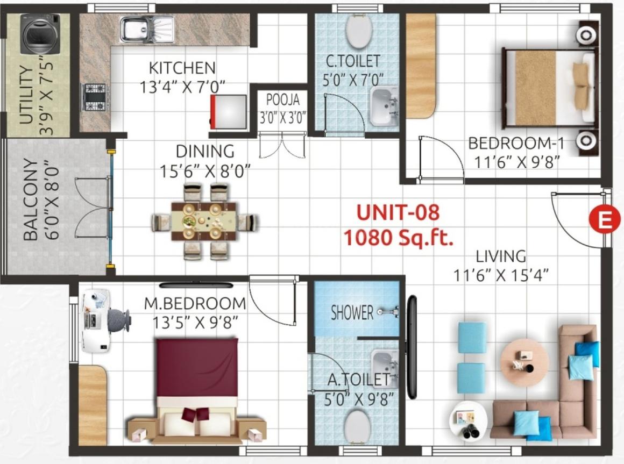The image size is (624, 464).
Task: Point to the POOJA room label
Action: coord(282,100)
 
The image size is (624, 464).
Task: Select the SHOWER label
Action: coord(352,312)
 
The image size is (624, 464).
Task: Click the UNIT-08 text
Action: coord(398,212)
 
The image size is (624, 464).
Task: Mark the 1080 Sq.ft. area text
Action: coord(398,237)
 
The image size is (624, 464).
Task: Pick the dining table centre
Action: coord(204,221)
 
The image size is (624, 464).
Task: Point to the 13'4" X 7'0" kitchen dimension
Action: coord(182,87)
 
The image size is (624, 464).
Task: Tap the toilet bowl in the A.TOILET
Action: coord(358,427)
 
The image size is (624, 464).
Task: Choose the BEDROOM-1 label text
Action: coord(515,144)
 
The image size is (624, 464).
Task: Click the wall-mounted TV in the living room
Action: coord(413,347)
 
